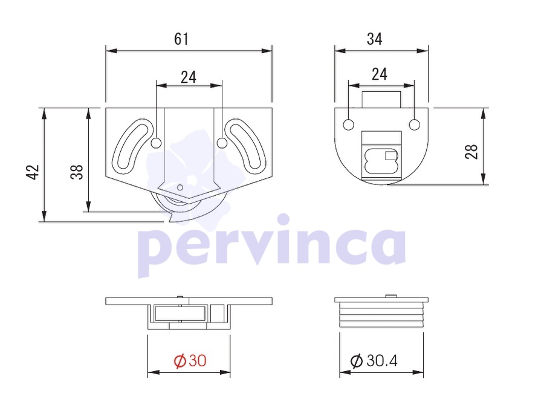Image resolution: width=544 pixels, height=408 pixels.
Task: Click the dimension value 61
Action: pos(181,39)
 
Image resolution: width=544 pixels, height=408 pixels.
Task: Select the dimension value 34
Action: pos(375,39)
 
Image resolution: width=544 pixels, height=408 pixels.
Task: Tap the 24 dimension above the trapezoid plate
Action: pos(189,77)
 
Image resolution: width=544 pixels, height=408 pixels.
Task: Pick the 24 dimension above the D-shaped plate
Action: pos(380,74)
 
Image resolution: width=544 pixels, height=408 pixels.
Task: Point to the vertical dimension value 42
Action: pos(33,172)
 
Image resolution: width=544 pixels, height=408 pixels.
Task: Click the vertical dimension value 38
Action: pos(77,172)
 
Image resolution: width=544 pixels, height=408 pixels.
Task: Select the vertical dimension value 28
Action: pos(471,152)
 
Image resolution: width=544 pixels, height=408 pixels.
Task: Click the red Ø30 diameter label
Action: pos(190,361)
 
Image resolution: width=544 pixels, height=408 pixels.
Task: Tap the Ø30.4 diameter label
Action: pos(374,361)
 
